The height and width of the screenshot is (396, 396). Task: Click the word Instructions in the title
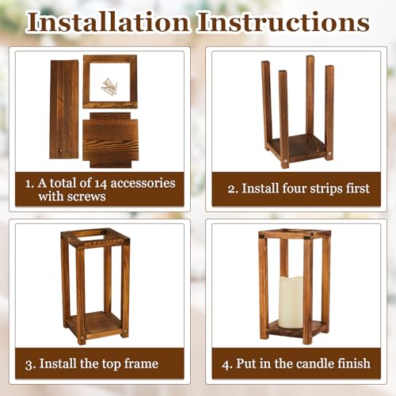point(284,21)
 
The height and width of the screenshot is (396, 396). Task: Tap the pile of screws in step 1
point(109,86)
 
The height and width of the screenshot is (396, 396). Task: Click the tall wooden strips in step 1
point(64,109)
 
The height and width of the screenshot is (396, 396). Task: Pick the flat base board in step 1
point(110,140)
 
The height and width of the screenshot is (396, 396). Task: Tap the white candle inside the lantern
point(291,301)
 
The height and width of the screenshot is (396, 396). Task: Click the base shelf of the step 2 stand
point(297,148)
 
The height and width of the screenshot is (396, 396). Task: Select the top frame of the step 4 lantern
point(295,234)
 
